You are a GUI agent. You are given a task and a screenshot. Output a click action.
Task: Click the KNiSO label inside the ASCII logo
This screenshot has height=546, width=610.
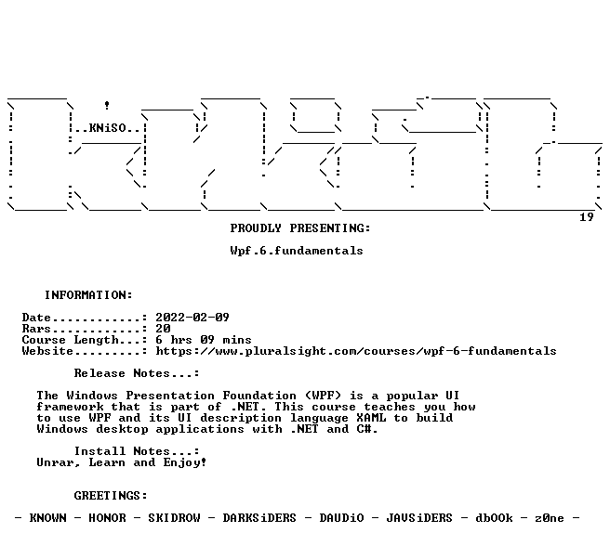point(107,128)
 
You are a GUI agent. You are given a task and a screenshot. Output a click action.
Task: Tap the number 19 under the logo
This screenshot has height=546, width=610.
point(586,217)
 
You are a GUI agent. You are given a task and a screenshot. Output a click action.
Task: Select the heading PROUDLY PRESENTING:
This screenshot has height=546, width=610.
point(300,228)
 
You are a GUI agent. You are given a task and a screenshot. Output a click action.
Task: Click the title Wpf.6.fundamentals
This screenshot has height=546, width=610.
point(297,251)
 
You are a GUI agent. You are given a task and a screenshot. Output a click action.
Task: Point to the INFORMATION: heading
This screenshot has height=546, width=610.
point(88,295)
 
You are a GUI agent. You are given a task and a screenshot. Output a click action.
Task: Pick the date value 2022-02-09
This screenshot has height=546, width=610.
point(192,318)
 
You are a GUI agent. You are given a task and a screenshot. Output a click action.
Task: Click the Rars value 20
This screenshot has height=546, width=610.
point(163,329)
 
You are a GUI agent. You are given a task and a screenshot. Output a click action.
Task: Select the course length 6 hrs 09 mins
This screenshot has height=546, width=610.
point(204,340)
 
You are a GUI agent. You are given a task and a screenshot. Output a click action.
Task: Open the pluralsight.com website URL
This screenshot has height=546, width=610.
point(356,351)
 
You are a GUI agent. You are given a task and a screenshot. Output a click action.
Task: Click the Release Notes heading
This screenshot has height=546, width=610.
point(137,373)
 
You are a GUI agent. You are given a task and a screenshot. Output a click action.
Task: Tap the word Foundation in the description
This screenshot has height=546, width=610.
point(259,396)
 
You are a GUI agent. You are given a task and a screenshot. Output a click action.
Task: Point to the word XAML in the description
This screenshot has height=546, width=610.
point(371,418)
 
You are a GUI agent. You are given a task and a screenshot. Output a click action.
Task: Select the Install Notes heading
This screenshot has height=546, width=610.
point(137,451)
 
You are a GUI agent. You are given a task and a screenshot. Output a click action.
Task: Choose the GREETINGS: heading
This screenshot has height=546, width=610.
point(111,496)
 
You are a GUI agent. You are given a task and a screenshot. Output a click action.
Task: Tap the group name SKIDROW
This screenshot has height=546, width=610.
point(174,518)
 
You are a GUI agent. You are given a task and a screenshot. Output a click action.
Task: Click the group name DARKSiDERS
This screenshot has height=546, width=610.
point(259,518)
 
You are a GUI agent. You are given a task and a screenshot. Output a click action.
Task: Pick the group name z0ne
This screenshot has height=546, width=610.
point(550,518)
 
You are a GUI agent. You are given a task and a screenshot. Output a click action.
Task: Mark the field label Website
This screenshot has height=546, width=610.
point(47,351)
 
